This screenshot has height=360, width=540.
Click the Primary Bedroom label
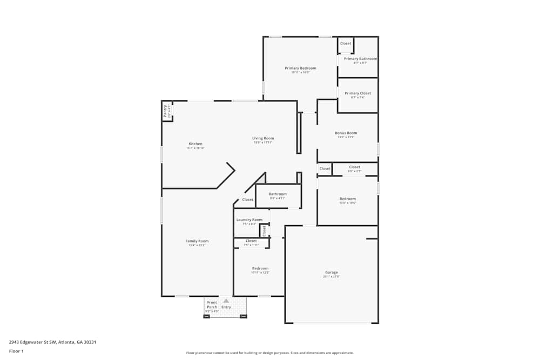click(x=300, y=69)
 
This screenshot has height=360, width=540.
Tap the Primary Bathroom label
click(x=360, y=59)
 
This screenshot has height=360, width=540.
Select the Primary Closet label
click(x=357, y=93)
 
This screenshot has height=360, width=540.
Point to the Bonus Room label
click(x=346, y=133)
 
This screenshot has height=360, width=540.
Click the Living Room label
click(x=263, y=139)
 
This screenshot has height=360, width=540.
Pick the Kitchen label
click(x=195, y=144)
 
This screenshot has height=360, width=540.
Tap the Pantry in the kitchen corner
click(x=166, y=111)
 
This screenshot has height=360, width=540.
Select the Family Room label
click(x=197, y=241)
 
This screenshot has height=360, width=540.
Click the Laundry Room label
click(x=249, y=220)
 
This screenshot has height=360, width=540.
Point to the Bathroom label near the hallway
click(x=278, y=194)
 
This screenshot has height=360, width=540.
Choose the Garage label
click(x=331, y=273)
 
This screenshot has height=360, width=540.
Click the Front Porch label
click(x=212, y=304)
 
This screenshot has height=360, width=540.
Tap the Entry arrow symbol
click(x=226, y=301)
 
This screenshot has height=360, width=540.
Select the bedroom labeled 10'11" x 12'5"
click(x=260, y=269)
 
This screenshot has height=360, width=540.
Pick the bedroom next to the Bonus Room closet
click(x=347, y=199)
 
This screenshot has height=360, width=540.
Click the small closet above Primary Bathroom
click(x=345, y=44)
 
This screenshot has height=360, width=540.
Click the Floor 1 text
click(x=16, y=351)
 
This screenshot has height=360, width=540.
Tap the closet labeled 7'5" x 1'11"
click(x=251, y=241)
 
